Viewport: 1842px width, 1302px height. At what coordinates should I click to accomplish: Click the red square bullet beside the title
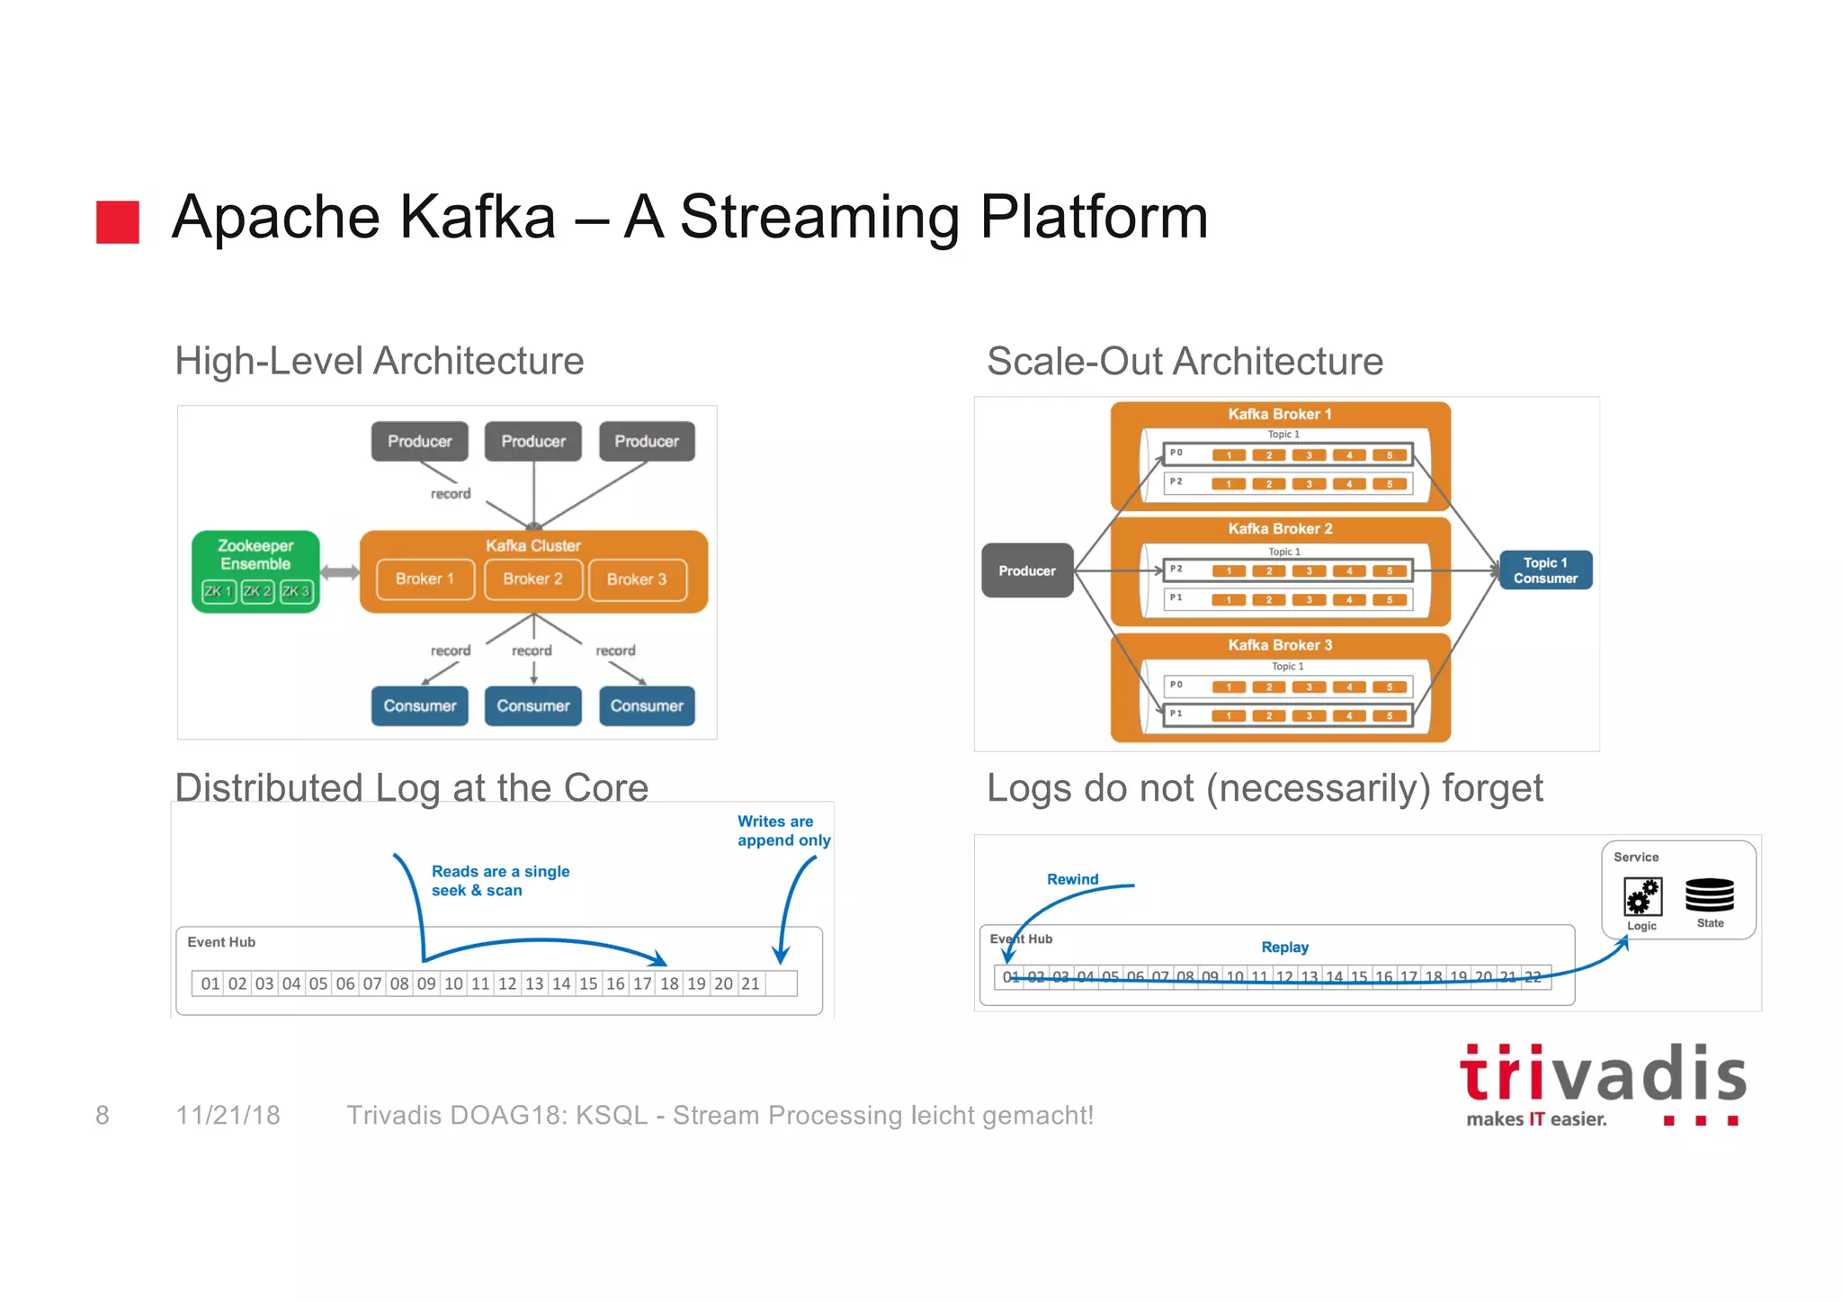pyautogui.click(x=118, y=221)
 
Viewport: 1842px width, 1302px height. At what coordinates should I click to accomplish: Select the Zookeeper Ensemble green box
pyautogui.click(x=255, y=555)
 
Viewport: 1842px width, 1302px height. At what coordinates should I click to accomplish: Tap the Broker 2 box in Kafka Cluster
pyautogui.click(x=532, y=579)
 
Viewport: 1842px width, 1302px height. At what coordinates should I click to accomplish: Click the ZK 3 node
pyautogui.click(x=296, y=591)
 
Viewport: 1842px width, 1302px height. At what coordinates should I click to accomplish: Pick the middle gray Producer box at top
pyautogui.click(x=533, y=441)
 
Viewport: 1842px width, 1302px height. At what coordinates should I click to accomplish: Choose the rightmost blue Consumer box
pyautogui.click(x=647, y=705)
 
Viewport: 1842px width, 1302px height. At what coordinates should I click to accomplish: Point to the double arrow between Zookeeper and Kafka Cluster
pyautogui.click(x=339, y=572)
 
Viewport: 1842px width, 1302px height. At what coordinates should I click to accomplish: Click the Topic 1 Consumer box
pyautogui.click(x=1545, y=570)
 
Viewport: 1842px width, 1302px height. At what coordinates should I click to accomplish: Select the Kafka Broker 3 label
pyautogui.click(x=1280, y=645)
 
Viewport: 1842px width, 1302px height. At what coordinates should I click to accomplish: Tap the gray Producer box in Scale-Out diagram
pyautogui.click(x=1027, y=570)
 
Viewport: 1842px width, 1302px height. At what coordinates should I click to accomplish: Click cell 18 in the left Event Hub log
pyautogui.click(x=669, y=983)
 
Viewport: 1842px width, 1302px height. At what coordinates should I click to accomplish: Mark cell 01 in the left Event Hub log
pyautogui.click(x=210, y=983)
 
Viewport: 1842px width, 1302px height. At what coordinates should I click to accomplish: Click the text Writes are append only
pyautogui.click(x=782, y=831)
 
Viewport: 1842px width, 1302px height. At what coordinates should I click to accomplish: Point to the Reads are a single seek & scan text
pyautogui.click(x=500, y=881)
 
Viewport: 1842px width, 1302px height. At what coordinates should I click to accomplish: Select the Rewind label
pyautogui.click(x=1072, y=879)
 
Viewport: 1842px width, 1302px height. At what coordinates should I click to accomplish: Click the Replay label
pyautogui.click(x=1284, y=947)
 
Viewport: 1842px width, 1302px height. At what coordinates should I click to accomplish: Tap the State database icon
pyautogui.click(x=1709, y=896)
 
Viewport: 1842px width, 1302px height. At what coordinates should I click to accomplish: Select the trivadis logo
pyautogui.click(x=1602, y=1084)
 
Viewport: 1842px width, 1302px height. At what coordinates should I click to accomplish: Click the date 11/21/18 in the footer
pyautogui.click(x=228, y=1116)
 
